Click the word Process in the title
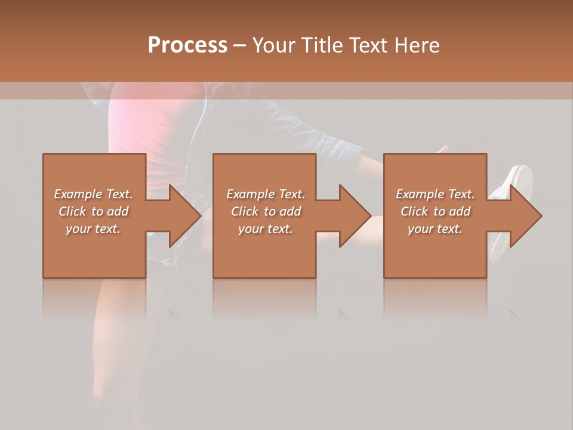pos(187,45)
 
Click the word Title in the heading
pos(321,45)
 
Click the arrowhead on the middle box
pos(354,216)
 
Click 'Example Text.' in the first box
pos(93,194)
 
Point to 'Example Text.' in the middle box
pos(265,194)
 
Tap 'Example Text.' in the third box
pos(435,194)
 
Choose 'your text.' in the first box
pos(93,229)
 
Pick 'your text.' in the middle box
pos(265,229)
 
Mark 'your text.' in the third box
pos(435,229)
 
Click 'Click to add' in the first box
pos(93,211)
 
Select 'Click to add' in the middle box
pos(265,211)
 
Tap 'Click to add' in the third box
pos(435,211)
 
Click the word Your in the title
pos(272,45)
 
